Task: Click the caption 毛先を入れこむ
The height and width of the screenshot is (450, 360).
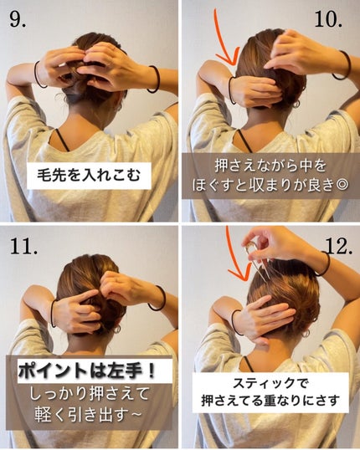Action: pos(90,177)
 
